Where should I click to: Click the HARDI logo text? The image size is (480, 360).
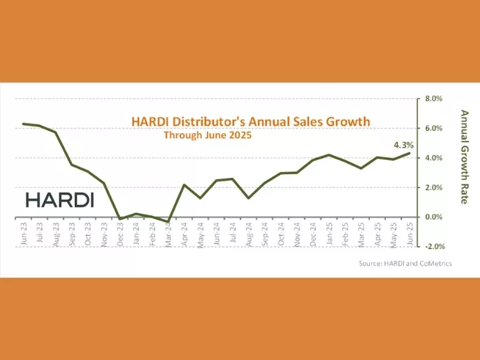(x=59, y=200)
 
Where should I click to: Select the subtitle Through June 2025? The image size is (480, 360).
(x=207, y=135)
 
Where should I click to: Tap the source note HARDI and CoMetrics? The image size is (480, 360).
(x=406, y=264)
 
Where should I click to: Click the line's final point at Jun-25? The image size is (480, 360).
(x=410, y=153)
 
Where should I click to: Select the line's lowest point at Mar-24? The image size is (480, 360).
(x=168, y=221)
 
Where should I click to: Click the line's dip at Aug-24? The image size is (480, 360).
(x=248, y=197)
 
